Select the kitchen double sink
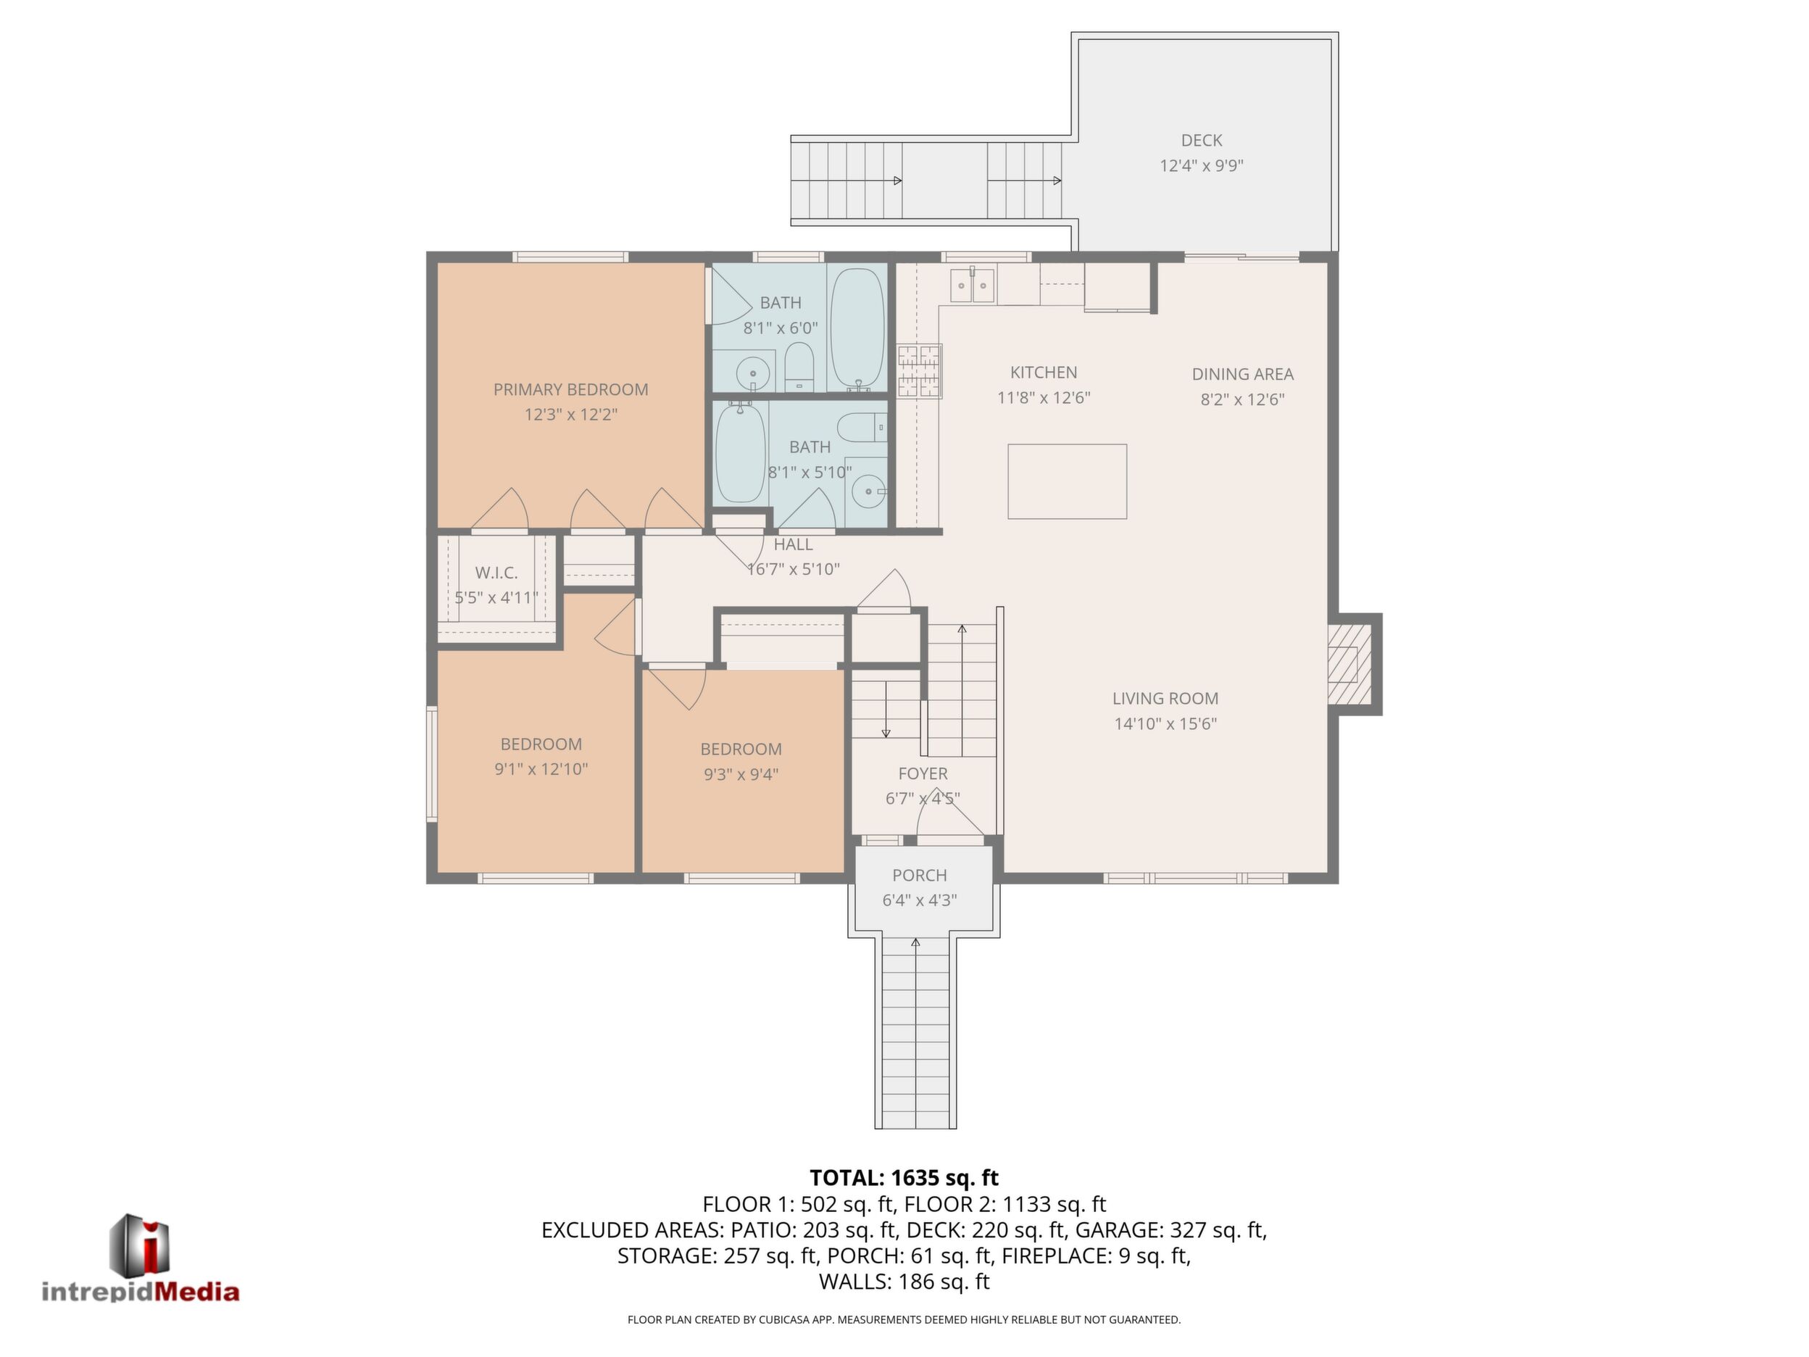tap(973, 286)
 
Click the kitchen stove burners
tap(919, 370)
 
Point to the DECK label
tap(1202, 141)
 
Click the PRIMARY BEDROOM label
tap(571, 389)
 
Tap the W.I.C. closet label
tap(496, 573)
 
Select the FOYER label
tap(923, 773)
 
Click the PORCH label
tap(920, 875)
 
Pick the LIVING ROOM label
tap(1165, 699)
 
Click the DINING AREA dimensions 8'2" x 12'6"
tap(1242, 399)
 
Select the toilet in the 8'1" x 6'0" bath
tap(799, 367)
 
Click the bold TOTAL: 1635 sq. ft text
tap(904, 1178)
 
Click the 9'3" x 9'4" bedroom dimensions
tap(741, 773)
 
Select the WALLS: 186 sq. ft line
tap(904, 1282)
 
